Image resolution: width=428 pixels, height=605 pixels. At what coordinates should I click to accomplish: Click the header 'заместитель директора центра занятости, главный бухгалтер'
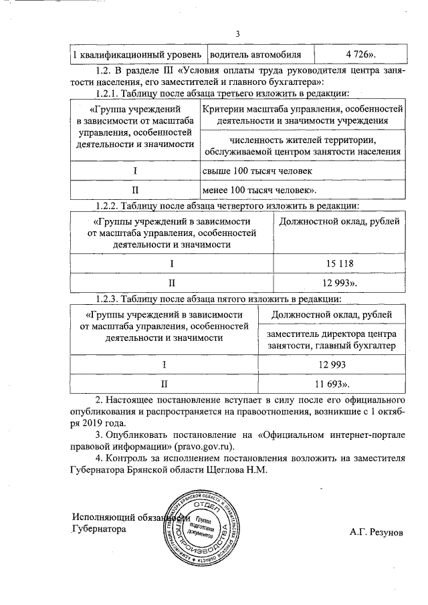(x=331, y=340)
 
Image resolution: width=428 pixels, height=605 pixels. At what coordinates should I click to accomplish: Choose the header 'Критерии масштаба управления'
(x=302, y=114)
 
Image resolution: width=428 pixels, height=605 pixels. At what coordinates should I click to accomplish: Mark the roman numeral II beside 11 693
(x=164, y=384)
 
